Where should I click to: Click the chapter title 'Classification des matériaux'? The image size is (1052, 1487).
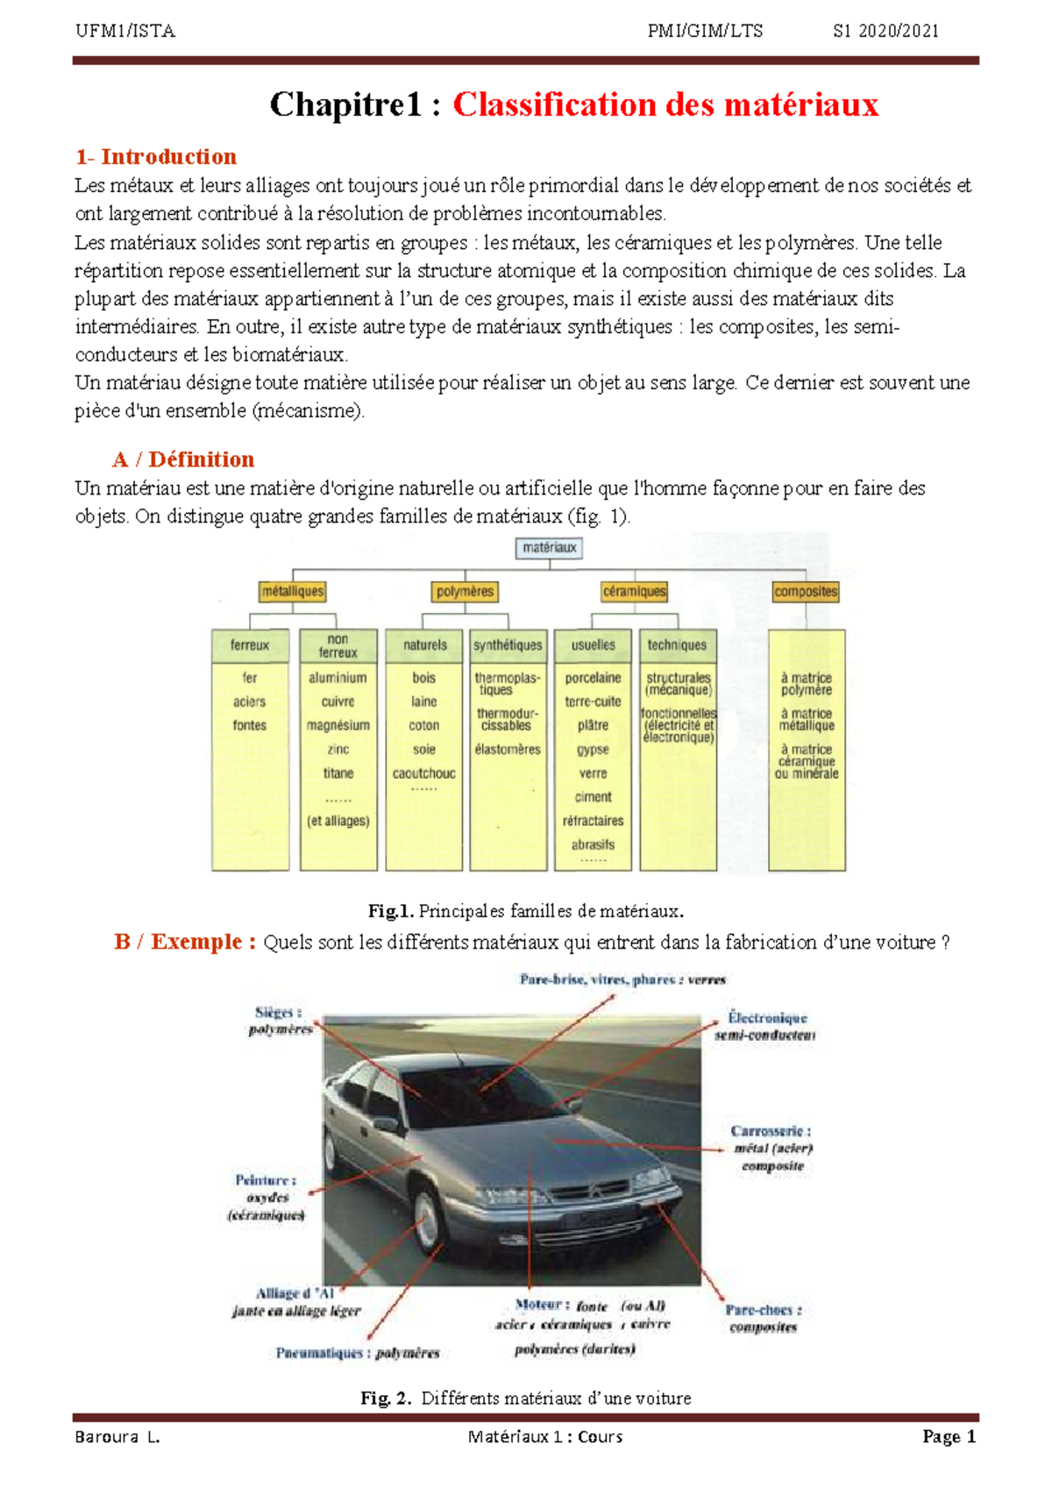tap(665, 105)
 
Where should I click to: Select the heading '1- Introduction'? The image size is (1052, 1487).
tap(156, 157)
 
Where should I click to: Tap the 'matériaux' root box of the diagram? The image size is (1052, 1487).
tap(550, 548)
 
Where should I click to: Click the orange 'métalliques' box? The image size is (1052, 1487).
tap(293, 592)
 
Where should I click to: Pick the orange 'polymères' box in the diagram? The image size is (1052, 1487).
tap(465, 592)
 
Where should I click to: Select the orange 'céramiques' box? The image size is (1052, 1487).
tap(634, 592)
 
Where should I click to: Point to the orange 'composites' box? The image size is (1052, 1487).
tap(806, 592)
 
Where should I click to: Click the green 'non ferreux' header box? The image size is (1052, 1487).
tap(338, 646)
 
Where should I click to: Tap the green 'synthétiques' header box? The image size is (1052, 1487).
tap(508, 645)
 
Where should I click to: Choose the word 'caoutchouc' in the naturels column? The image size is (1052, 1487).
tap(423, 773)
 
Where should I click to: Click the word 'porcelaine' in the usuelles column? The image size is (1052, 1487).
tap(593, 678)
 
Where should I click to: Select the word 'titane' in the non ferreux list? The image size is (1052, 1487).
tap(338, 773)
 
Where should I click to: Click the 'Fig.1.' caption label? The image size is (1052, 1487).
tap(390, 911)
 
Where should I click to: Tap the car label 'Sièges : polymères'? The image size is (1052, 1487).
tap(280, 1021)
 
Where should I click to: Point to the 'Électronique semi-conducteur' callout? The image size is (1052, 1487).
tap(765, 1026)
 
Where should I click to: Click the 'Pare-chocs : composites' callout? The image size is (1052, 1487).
tap(763, 1318)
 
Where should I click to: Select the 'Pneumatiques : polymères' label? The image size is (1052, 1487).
tap(358, 1353)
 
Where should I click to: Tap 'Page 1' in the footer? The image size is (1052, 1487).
tap(949, 1436)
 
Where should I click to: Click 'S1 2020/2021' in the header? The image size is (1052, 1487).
tap(885, 32)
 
